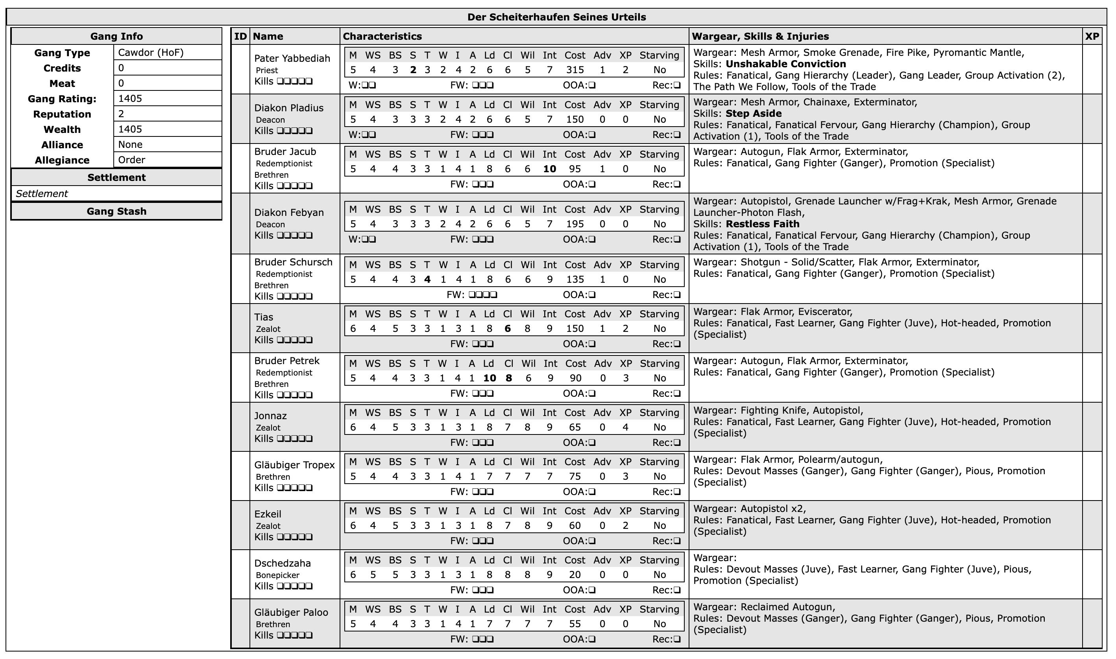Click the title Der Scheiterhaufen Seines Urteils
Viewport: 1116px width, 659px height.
coord(556,17)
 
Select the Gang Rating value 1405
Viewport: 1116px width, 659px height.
coord(130,99)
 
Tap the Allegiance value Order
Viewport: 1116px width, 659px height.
coord(131,160)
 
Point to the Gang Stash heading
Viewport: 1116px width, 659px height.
coord(116,212)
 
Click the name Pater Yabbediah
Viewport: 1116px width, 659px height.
coord(292,59)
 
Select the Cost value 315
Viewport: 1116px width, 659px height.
coord(575,70)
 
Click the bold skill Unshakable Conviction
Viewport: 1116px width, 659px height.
coord(785,64)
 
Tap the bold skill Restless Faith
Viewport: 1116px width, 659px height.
coord(762,224)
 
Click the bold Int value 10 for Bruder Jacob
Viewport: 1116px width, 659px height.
coord(549,169)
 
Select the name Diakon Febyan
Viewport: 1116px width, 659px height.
coord(289,213)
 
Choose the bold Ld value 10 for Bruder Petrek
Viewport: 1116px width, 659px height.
coord(490,378)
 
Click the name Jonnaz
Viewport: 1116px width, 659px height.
coord(270,416)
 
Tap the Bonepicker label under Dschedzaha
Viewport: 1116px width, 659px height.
coord(277,576)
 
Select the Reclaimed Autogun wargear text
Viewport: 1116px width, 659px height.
coord(787,607)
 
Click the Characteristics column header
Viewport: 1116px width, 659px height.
coord(382,37)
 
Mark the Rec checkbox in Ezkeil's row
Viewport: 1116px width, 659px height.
coord(677,541)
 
